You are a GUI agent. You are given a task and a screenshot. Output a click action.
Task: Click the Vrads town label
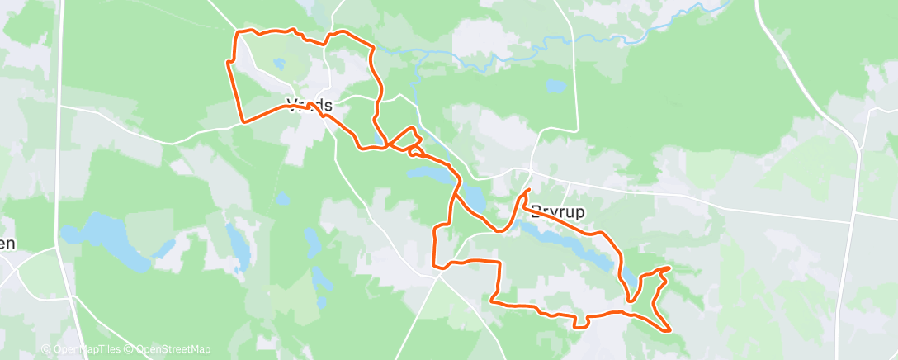pyautogui.click(x=310, y=105)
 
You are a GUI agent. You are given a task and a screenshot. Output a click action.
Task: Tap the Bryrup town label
pyautogui.click(x=558, y=211)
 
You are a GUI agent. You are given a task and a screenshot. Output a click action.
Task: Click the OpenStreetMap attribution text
pyautogui.click(x=173, y=349)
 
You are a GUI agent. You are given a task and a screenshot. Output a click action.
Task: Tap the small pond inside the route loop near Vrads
pyautogui.click(x=280, y=63)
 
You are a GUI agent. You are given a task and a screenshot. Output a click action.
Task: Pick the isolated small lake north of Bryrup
pyautogui.click(x=555, y=85)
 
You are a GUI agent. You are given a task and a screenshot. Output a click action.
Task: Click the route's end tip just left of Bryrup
pyautogui.click(x=527, y=191)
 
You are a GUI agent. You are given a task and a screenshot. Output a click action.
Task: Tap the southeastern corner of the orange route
pyautogui.click(x=669, y=330)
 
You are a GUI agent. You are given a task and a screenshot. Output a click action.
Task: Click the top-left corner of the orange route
pyautogui.click(x=239, y=32)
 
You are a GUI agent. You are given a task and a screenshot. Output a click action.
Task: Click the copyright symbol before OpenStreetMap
pyautogui.click(x=129, y=349)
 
